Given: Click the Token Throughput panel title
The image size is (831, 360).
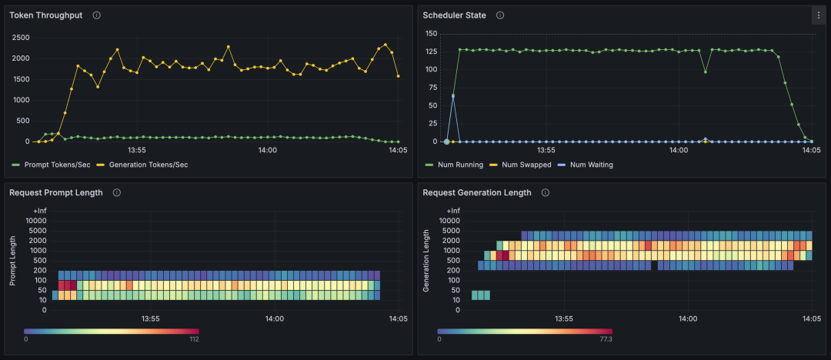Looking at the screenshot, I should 45,15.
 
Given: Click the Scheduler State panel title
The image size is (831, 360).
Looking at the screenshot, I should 454,15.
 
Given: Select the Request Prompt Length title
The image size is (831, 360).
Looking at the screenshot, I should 55,193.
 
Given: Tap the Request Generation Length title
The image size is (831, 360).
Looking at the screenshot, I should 476,193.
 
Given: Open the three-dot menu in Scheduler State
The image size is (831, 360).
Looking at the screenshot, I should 818,15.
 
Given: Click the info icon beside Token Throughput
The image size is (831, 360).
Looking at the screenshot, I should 96,15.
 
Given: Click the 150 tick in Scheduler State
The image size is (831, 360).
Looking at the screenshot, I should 431,34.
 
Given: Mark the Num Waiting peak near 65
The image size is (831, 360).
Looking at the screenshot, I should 453,96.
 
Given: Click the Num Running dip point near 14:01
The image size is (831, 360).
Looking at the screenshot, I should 705,72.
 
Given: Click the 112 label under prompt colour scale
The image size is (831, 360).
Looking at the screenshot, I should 193,338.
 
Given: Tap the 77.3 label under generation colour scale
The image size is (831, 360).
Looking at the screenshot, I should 605,338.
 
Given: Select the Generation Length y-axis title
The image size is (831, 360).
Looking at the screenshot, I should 426,261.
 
